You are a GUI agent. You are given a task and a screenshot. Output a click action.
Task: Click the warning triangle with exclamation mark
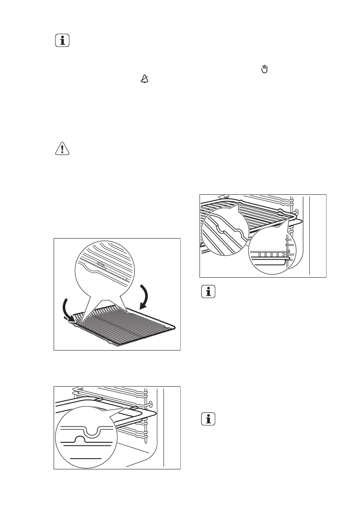(63, 149)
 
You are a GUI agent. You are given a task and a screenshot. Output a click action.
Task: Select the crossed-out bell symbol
(145, 79)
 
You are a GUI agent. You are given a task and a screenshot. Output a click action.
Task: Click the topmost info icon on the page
(63, 41)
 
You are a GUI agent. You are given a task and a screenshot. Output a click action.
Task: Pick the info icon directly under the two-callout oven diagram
(209, 292)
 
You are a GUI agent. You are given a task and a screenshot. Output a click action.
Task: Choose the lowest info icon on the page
(209, 420)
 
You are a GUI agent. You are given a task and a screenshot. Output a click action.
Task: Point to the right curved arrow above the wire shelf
(145, 296)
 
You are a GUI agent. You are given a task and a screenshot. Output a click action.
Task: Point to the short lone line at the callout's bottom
(86, 458)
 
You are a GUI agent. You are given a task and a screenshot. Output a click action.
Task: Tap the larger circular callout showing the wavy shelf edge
(225, 232)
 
